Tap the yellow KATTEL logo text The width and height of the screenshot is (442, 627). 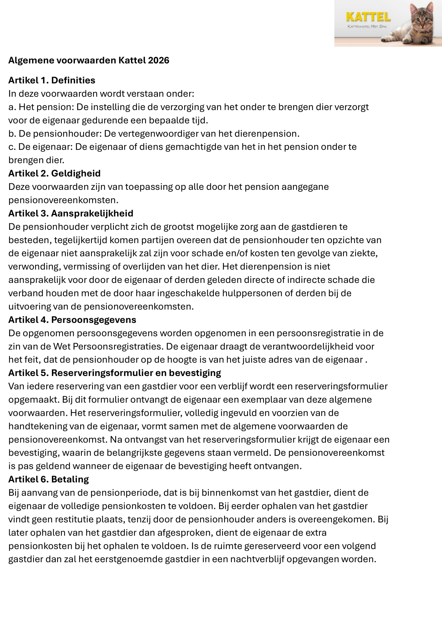tap(368, 17)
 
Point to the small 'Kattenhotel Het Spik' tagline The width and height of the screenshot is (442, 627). tap(367, 26)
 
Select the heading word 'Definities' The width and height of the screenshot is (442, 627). tap(73, 80)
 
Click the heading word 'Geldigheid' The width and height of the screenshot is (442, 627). tap(76, 173)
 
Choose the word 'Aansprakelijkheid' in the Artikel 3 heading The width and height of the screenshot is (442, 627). tap(92, 213)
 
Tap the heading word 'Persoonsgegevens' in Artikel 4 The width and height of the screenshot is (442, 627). tap(94, 320)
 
